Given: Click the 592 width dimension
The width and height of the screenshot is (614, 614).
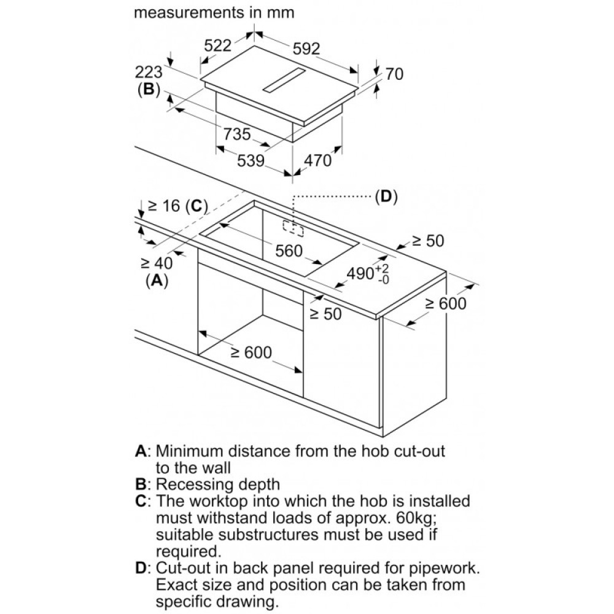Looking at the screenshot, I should click(306, 49).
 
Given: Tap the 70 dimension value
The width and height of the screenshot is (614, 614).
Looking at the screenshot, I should click(394, 74).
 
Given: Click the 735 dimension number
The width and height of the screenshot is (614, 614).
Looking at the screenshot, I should click(236, 134).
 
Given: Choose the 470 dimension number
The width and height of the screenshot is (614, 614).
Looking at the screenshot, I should click(317, 161).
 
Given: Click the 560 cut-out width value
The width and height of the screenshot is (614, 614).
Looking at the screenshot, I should click(289, 251).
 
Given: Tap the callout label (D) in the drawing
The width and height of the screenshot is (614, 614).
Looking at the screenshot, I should click(385, 196).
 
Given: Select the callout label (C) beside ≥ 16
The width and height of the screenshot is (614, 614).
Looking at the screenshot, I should click(196, 206).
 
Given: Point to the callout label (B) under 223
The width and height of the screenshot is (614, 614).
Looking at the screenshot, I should click(147, 90).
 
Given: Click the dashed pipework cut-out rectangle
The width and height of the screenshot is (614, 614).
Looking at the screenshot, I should click(294, 227).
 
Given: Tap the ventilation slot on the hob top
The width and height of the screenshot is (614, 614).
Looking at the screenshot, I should click(283, 81).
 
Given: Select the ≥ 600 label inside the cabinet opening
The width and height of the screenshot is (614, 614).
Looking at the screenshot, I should click(251, 352).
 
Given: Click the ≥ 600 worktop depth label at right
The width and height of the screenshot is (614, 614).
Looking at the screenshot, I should click(446, 303).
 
